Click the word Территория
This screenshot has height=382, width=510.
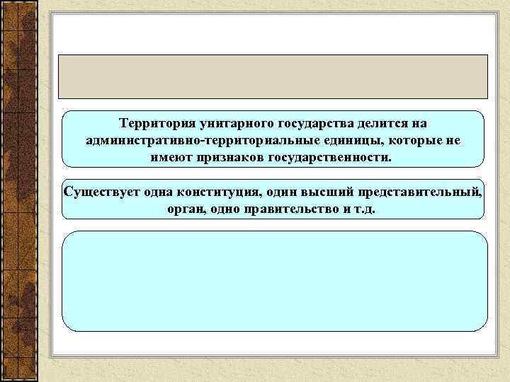(154, 124)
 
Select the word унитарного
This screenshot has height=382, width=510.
(225, 124)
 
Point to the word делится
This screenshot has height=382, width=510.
(370, 124)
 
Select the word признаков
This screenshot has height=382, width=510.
(231, 156)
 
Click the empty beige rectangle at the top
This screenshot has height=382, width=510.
(273, 76)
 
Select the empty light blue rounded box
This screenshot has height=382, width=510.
(275, 281)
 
